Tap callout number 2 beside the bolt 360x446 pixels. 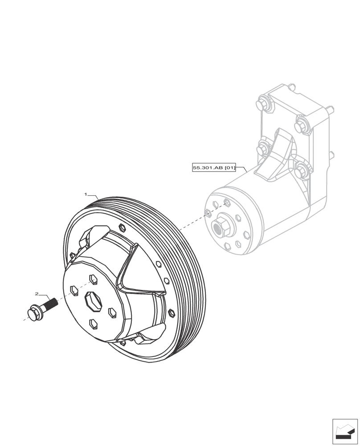point(37,294)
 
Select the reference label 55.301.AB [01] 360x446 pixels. point(214,168)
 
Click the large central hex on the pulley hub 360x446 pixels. point(93,301)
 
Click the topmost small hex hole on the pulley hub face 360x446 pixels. point(94,279)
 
